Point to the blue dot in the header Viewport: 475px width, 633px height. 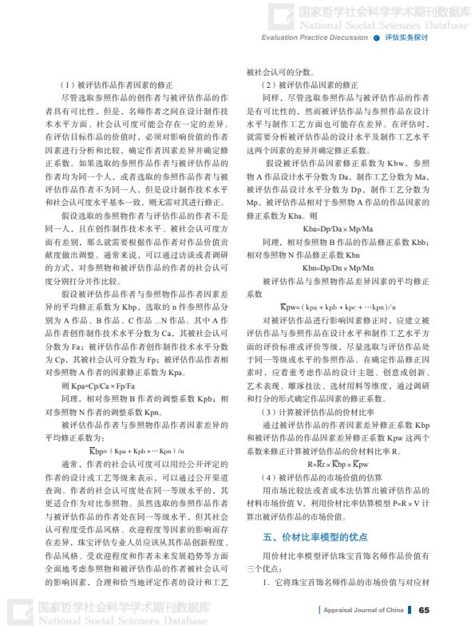click(x=375, y=38)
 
